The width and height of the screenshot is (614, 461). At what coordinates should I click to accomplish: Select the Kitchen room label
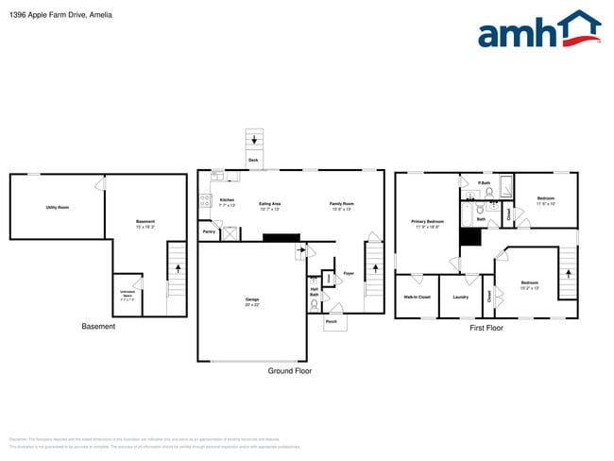point(227,201)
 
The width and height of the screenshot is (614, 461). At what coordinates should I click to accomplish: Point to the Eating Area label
point(271,204)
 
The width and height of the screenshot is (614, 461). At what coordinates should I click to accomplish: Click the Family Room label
point(341,204)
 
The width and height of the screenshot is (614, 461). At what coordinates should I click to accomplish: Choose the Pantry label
point(209,230)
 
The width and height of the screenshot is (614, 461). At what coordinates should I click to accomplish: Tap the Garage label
point(252,301)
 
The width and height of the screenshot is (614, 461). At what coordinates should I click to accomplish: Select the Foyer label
point(348,273)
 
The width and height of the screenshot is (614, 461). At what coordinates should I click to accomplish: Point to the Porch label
point(332,322)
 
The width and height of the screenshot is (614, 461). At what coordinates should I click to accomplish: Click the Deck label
point(253,161)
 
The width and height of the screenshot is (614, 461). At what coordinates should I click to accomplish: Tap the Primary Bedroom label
point(427,224)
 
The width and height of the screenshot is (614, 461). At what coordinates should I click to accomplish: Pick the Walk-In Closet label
point(418,297)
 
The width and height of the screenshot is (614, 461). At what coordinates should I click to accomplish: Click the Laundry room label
point(461,297)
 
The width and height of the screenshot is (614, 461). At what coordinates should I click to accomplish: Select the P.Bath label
point(483,182)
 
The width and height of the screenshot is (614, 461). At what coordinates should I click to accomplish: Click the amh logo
point(538,30)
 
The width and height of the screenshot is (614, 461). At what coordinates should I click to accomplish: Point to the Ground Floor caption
point(290,371)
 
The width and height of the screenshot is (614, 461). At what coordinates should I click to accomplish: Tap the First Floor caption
point(486,328)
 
